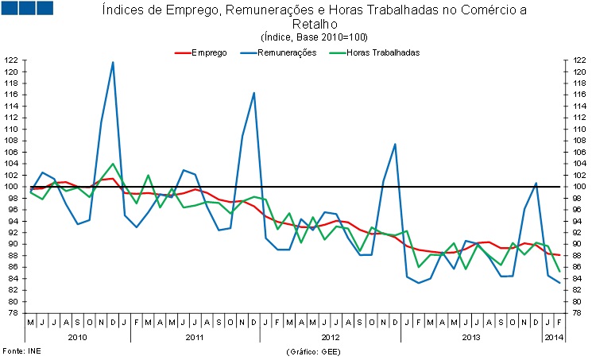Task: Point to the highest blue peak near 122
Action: tap(113, 62)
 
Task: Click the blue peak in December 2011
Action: tap(253, 93)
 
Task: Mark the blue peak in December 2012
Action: tap(395, 144)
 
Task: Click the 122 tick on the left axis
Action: tap(11, 60)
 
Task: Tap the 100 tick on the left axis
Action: tap(11, 187)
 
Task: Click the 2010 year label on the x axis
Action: tap(77, 339)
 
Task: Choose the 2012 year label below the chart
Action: tap(330, 339)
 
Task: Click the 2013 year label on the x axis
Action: tap(470, 339)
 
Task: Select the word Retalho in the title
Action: tap(315, 25)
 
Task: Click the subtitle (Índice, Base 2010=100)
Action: tap(314, 37)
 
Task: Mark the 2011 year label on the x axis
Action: tap(195, 339)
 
